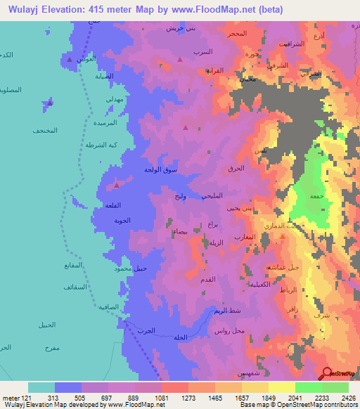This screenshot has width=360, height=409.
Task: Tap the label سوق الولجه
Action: coord(161,170)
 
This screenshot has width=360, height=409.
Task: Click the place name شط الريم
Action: coord(228,310)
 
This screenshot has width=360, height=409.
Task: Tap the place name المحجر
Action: coord(237,34)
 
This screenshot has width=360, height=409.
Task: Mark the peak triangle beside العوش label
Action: coord(69,60)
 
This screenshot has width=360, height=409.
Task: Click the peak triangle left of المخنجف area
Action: coord(48,105)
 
